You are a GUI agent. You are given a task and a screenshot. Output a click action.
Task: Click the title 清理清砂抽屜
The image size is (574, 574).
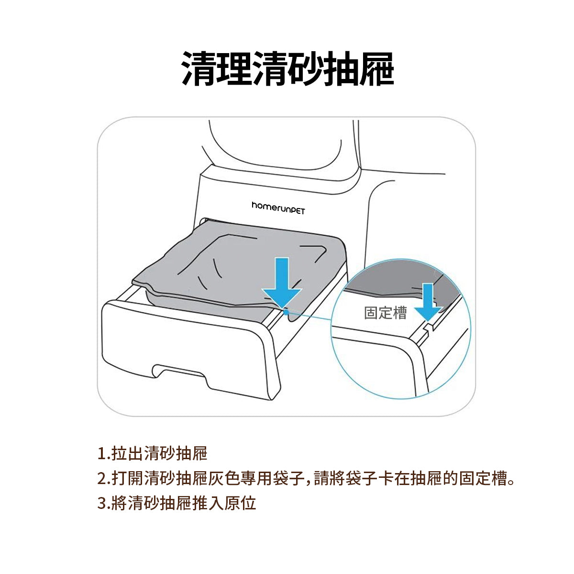coord(287,69)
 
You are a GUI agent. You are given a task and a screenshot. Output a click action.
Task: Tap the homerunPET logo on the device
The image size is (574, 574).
coord(278,208)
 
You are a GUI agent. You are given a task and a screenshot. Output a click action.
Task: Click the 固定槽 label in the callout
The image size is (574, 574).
coord(386,313)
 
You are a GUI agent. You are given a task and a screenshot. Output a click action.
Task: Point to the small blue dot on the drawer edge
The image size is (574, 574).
coord(286,312)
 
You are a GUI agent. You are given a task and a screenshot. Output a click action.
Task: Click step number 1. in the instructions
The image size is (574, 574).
coord(104,453)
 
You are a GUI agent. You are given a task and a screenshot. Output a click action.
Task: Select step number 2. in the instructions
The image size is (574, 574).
coord(104,478)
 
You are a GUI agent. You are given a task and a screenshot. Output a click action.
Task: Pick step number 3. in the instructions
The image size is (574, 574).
coord(104,503)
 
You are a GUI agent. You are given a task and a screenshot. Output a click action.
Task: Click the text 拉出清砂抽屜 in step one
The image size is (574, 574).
coord(159,453)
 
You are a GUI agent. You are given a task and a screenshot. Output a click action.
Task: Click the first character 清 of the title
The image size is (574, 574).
coord(199,69)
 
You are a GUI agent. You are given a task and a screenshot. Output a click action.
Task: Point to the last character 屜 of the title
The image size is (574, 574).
coord(377,69)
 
